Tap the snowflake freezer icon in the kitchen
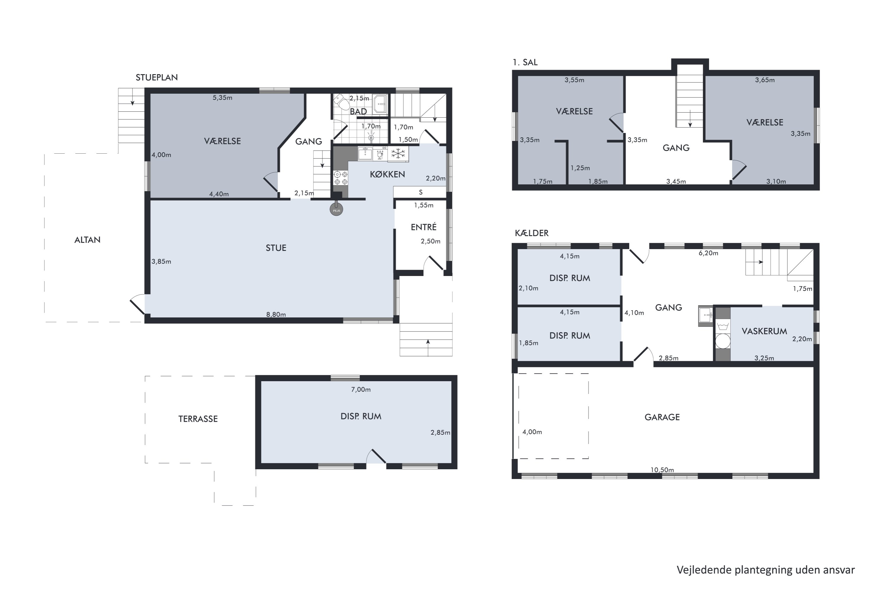pyautogui.click(x=398, y=154)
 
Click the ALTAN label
pyautogui.click(x=88, y=240)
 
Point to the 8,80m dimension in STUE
pyautogui.click(x=276, y=314)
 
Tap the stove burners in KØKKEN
pyautogui.click(x=341, y=178)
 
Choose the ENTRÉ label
pyautogui.click(x=423, y=227)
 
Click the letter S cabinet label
pyautogui.click(x=420, y=192)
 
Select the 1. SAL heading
pyautogui.click(x=525, y=62)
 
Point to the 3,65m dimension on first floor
pyautogui.click(x=764, y=80)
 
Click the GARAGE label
pyautogui.click(x=662, y=417)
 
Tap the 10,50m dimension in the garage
pyautogui.click(x=662, y=470)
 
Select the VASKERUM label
pyautogui.click(x=764, y=331)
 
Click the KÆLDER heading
pyautogui.click(x=531, y=233)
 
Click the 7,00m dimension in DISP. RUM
pyautogui.click(x=360, y=389)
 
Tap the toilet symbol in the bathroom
pyautogui.click(x=342, y=102)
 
